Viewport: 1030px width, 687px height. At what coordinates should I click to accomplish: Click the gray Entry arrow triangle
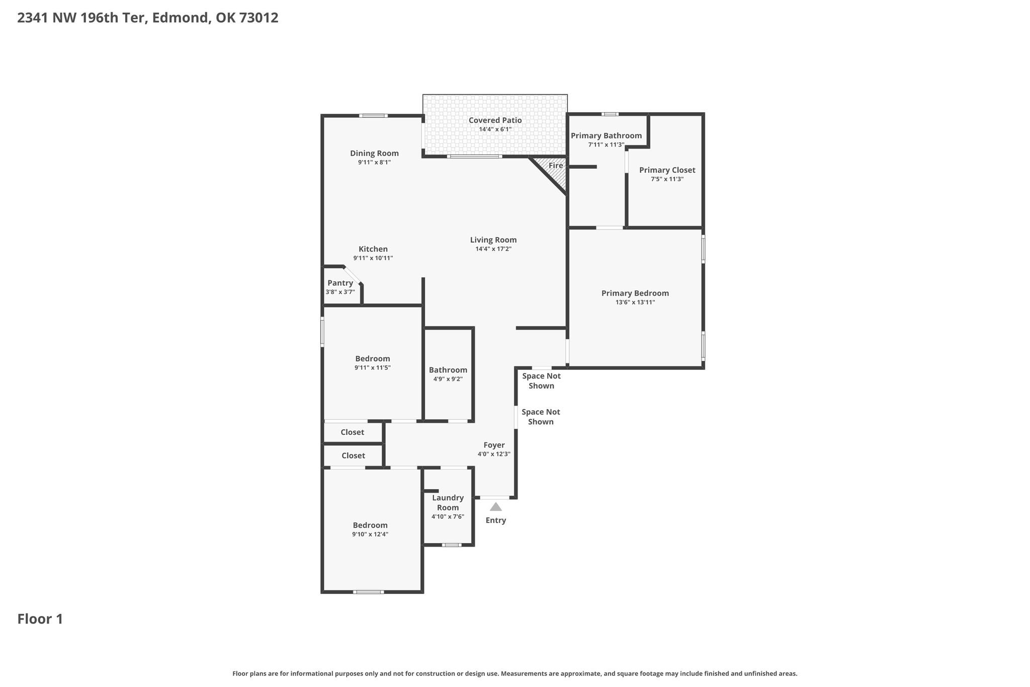click(496, 507)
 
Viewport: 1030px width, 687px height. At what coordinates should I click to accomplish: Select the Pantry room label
click(340, 283)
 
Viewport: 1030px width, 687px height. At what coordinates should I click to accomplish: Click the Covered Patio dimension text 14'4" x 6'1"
click(495, 129)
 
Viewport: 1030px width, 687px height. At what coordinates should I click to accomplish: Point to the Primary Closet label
click(667, 170)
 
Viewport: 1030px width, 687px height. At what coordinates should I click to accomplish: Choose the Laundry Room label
click(448, 503)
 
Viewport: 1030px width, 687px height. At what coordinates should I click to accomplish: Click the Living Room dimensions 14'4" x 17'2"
click(493, 249)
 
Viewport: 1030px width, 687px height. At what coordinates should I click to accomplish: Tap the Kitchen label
click(373, 249)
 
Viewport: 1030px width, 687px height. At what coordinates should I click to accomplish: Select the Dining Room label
click(374, 154)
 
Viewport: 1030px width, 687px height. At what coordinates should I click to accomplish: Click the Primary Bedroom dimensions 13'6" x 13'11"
click(635, 302)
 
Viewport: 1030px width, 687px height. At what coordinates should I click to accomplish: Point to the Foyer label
click(494, 445)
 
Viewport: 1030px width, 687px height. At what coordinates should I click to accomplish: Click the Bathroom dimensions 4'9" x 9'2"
click(448, 379)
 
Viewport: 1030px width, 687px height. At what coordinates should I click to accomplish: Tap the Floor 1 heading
click(40, 619)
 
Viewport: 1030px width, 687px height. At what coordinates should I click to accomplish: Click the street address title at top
click(148, 18)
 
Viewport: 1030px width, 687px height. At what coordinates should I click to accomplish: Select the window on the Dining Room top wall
click(373, 116)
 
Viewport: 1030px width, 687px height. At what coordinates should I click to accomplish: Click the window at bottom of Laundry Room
click(451, 545)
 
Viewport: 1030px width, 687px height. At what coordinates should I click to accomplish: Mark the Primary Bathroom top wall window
click(610, 114)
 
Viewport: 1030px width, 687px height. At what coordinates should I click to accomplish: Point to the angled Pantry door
click(352, 275)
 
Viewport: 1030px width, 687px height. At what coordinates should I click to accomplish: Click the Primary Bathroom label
click(606, 135)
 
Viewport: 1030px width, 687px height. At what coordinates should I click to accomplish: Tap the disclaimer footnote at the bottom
click(514, 673)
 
